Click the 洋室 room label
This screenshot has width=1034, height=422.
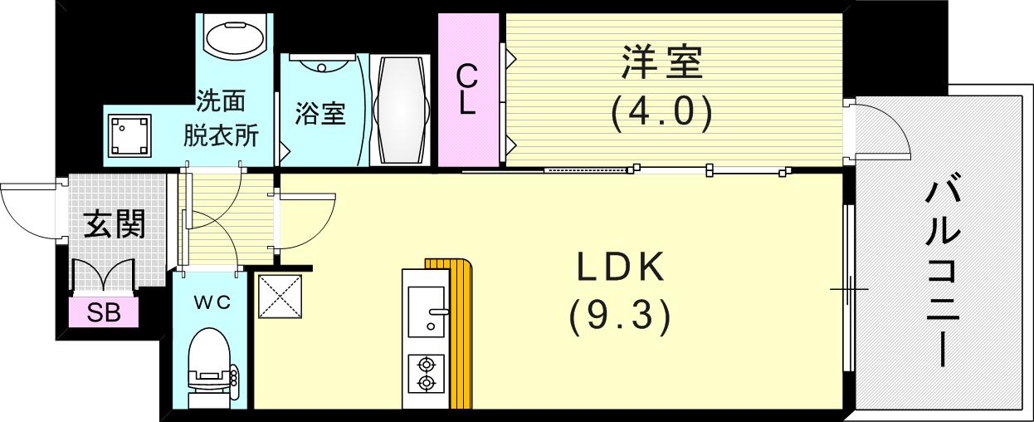[661, 64]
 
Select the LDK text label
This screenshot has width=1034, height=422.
[620, 268]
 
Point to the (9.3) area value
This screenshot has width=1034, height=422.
[620, 316]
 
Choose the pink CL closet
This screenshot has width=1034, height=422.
[468, 90]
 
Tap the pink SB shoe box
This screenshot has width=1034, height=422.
[104, 314]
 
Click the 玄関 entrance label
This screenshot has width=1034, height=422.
[115, 224]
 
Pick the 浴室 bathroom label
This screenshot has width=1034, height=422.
[319, 114]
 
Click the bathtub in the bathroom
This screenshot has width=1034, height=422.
[401, 110]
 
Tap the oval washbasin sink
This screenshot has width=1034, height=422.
[234, 37]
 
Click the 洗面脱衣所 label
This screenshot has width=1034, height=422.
[220, 118]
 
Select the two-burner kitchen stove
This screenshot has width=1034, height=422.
[426, 373]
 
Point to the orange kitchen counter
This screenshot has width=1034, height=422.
[459, 332]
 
